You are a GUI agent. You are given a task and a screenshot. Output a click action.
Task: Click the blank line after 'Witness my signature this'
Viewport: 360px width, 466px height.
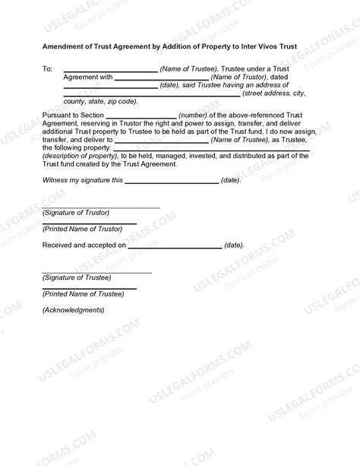171,181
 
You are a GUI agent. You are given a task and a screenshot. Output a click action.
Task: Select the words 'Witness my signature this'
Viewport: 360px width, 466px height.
82,181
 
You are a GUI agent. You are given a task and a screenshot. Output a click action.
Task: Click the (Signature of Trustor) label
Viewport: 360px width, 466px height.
76,213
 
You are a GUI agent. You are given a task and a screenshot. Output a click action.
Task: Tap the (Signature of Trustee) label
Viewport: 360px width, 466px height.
76,277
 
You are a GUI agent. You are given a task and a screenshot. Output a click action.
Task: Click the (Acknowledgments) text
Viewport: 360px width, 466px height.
74,310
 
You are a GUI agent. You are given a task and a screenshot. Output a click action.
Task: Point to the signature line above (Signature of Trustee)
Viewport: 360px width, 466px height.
97,272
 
